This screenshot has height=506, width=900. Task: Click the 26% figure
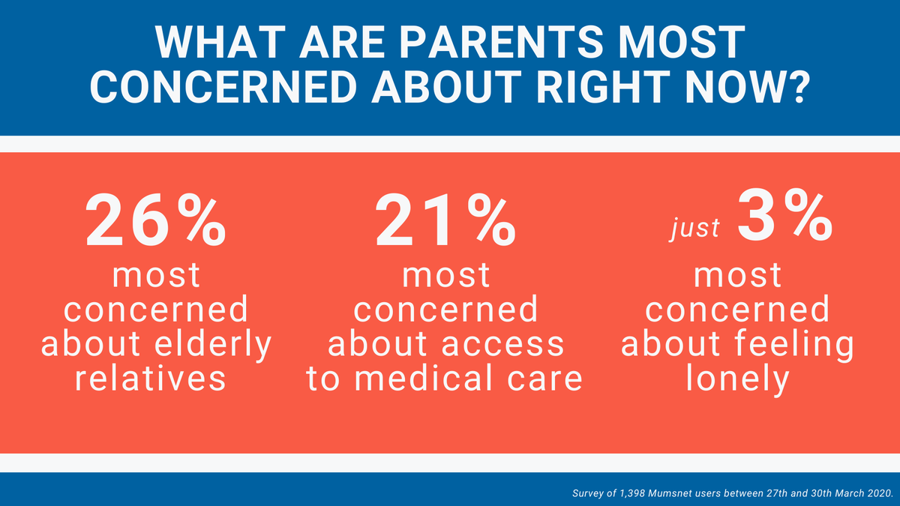(156, 220)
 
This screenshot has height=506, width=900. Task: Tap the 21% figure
(445, 220)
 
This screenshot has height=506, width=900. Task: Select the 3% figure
(785, 216)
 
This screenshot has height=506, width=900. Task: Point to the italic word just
(695, 229)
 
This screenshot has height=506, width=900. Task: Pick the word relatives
(151, 379)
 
